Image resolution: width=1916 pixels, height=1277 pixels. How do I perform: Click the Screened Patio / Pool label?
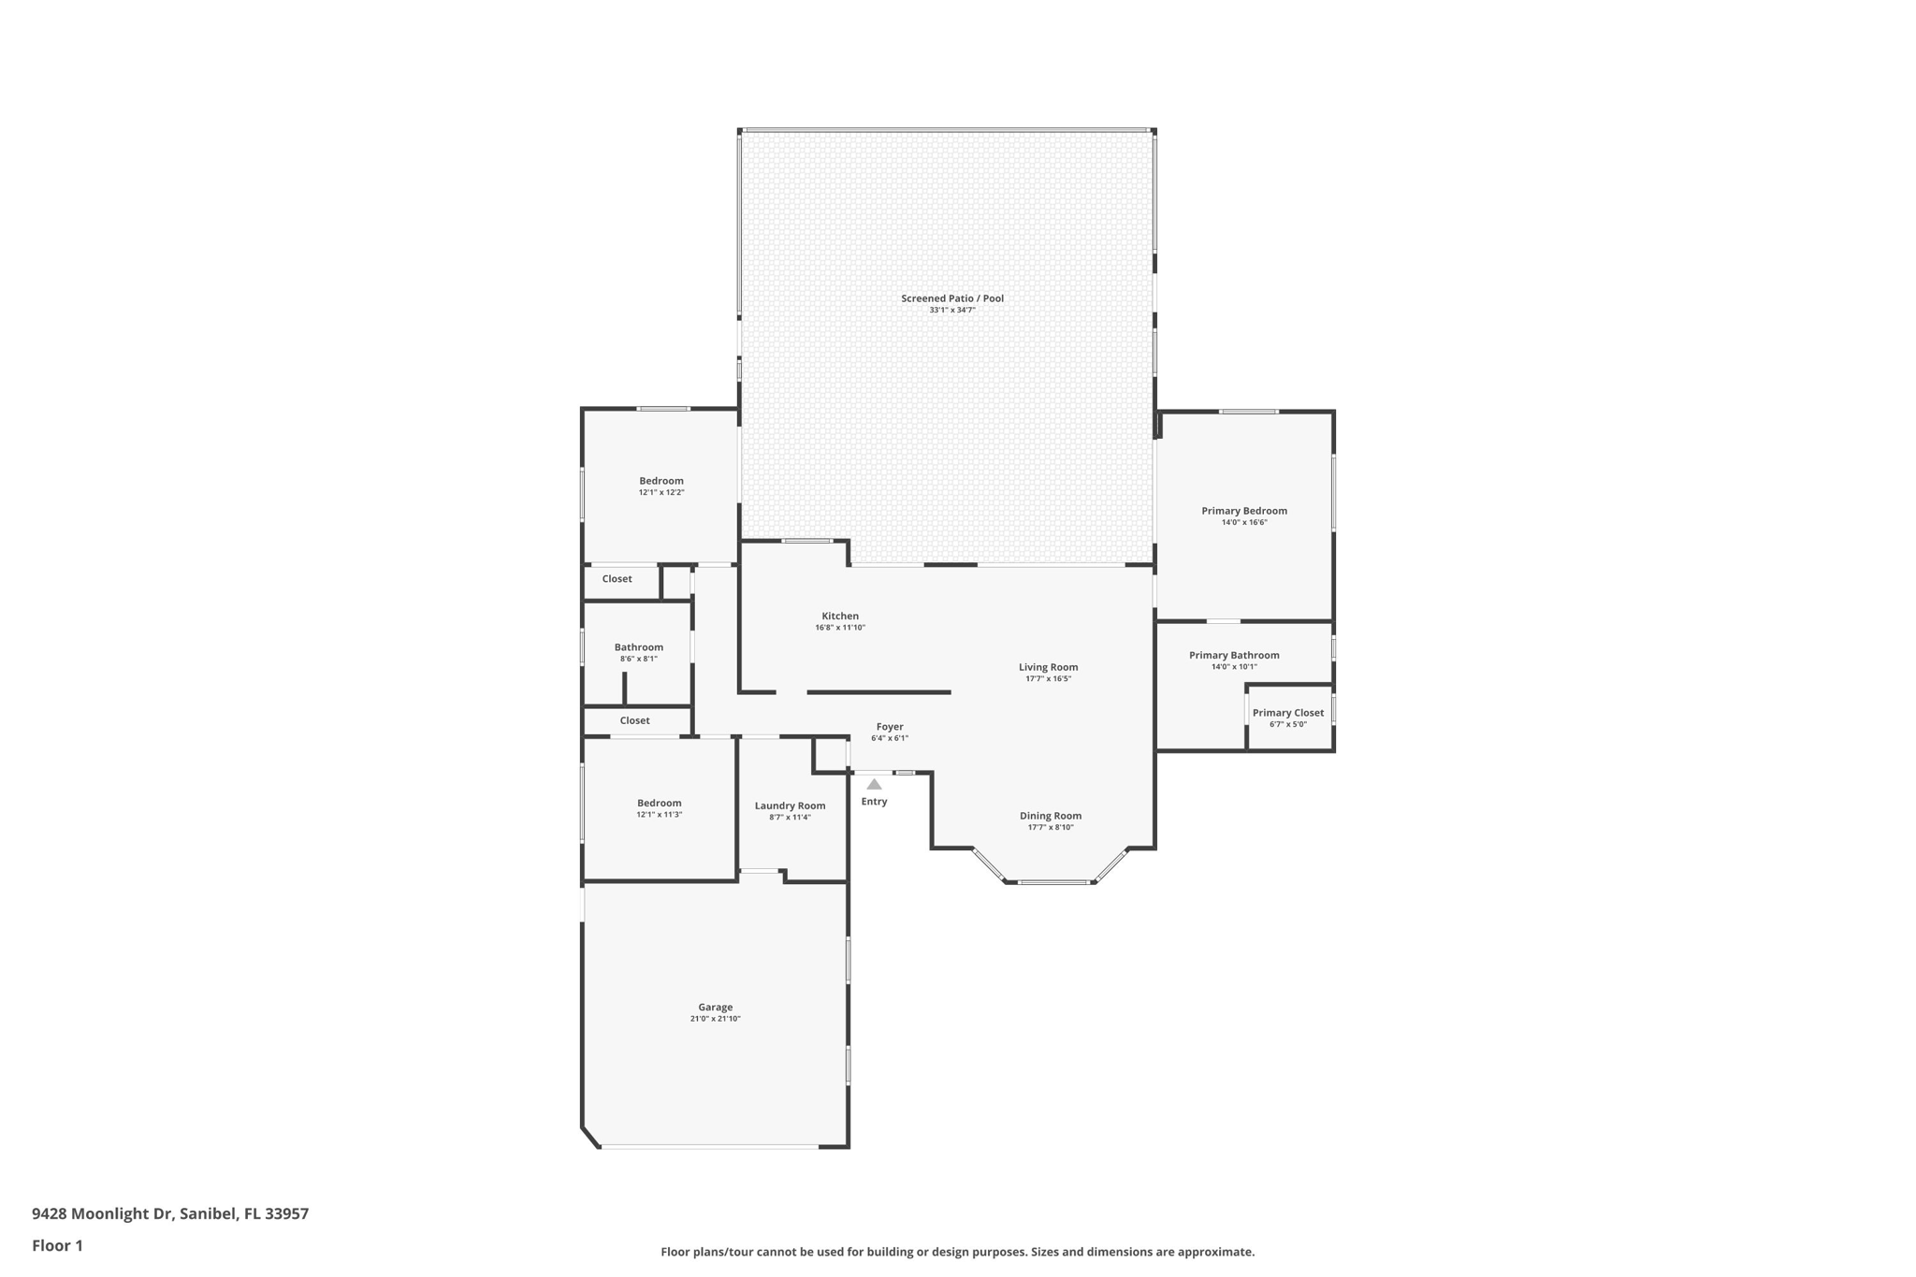(952, 298)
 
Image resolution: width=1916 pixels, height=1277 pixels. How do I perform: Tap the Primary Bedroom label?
(1244, 511)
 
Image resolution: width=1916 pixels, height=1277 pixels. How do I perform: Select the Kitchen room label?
(840, 616)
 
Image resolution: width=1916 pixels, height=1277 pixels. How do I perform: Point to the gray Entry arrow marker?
(874, 784)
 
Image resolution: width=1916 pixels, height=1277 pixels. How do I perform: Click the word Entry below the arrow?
(874, 802)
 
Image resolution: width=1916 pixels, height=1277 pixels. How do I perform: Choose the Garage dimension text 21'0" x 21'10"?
(716, 1019)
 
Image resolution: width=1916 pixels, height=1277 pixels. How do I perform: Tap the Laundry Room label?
(791, 805)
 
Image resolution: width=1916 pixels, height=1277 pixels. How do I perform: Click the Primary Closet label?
(1288, 713)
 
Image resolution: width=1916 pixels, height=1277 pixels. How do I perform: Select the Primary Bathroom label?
(1234, 655)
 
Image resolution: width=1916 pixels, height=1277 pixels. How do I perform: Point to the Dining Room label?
(1051, 816)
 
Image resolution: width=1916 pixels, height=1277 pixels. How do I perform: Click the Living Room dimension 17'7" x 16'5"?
(1049, 678)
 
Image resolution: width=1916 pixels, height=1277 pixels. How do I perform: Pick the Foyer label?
(890, 727)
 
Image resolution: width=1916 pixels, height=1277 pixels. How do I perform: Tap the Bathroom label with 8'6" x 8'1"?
(639, 647)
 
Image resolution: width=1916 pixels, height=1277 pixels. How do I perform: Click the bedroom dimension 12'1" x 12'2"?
(661, 492)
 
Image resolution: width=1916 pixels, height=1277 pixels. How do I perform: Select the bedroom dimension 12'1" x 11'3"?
(660, 814)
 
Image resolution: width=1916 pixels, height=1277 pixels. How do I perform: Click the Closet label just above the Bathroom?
(617, 579)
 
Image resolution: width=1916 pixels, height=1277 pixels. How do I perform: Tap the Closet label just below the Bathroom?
(634, 720)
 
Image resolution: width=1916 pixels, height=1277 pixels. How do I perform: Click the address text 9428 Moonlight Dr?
(103, 1213)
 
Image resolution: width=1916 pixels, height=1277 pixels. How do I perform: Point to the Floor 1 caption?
(57, 1245)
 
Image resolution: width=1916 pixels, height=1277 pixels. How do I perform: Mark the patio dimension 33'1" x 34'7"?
(952, 310)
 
